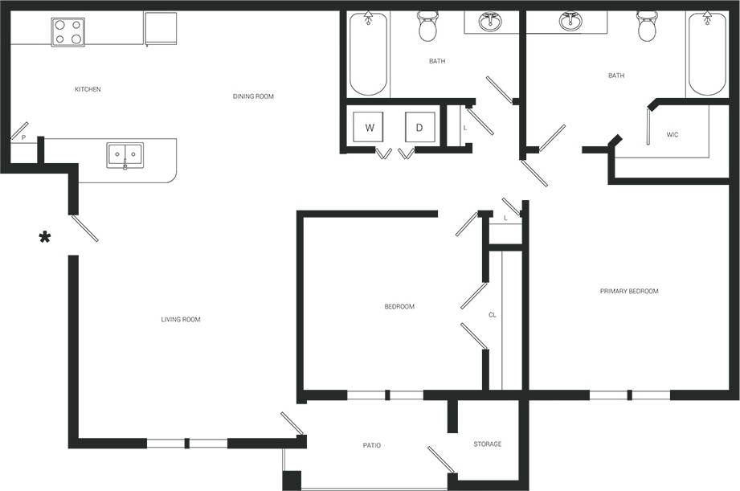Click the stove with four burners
coord(67,32)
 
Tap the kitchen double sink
coord(125,155)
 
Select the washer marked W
coord(370,128)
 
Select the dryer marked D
coord(419,128)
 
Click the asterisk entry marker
coord(45,237)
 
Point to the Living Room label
coord(181,320)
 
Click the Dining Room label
coord(253,96)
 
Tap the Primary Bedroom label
coord(629,291)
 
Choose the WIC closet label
coord(673,134)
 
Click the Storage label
coord(487,444)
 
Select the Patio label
coord(371,445)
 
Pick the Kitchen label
coord(88,89)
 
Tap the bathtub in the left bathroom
coord(369,53)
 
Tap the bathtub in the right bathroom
coord(707,53)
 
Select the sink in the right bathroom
coord(571,22)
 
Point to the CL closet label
coord(493,315)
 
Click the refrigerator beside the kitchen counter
coord(160,28)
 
